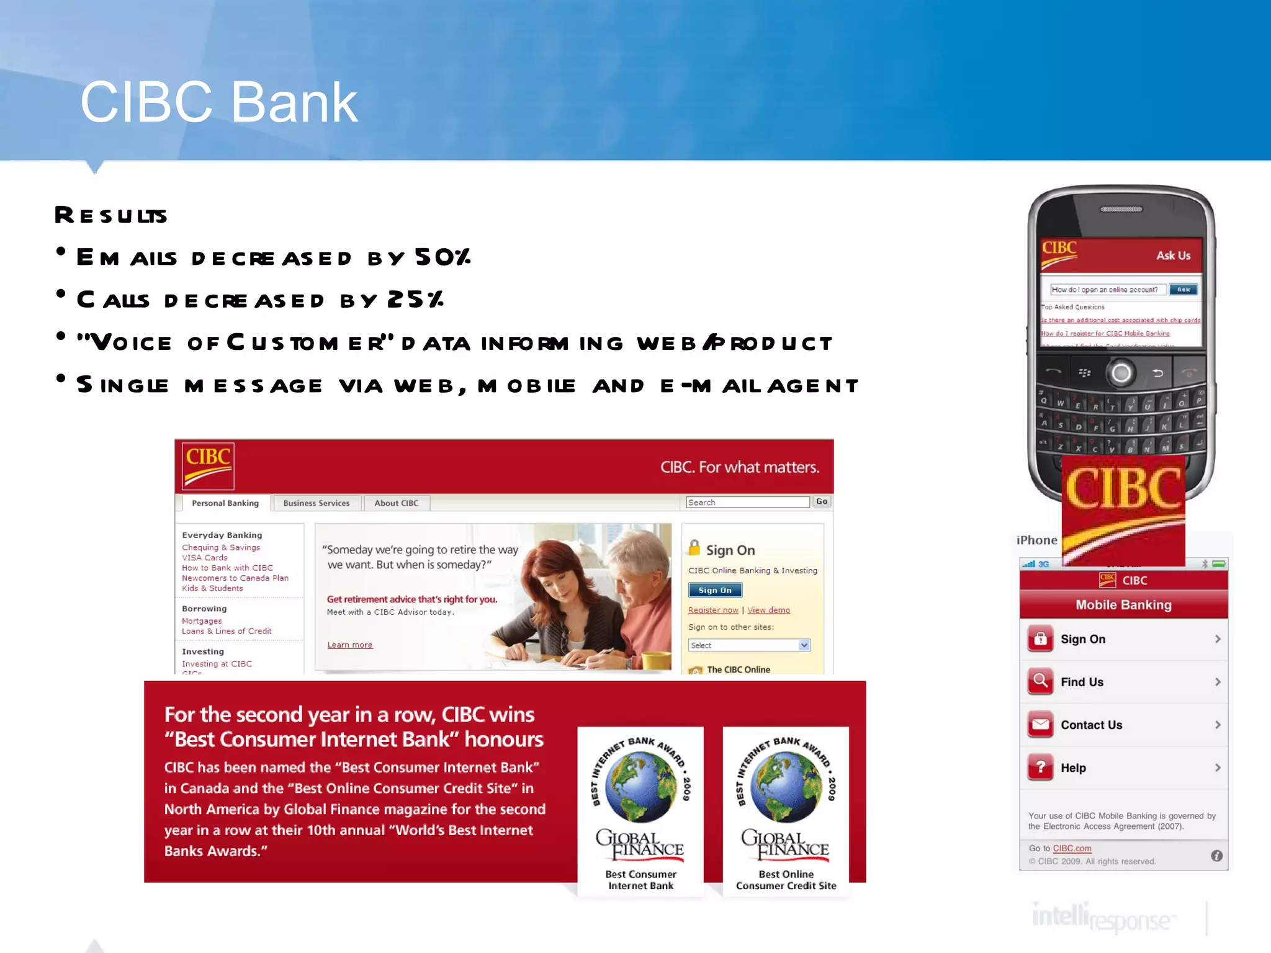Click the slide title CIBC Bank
click(218, 102)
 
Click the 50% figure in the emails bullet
click(442, 257)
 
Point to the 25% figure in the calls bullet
click(415, 300)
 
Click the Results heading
click(111, 215)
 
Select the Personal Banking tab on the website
click(225, 503)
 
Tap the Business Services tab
click(316, 503)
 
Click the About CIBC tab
click(396, 503)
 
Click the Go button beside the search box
click(821, 502)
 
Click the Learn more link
click(349, 645)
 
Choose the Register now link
click(712, 611)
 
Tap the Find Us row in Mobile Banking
click(1123, 682)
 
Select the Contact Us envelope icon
click(1041, 725)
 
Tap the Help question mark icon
click(1041, 767)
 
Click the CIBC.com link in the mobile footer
click(1072, 848)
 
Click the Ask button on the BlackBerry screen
click(1183, 290)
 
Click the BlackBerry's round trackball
click(1121, 373)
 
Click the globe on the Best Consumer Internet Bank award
click(640, 787)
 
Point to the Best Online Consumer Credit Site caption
click(786, 880)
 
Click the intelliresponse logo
click(1102, 918)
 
